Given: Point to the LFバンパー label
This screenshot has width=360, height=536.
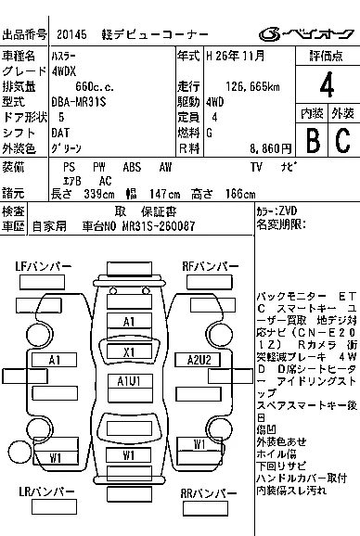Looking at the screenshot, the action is click(x=43, y=267).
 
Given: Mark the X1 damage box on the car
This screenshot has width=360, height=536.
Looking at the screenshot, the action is click(x=128, y=351).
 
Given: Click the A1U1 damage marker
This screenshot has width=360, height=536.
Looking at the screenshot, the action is click(x=128, y=381).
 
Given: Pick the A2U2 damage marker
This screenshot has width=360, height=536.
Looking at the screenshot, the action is click(x=199, y=360).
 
